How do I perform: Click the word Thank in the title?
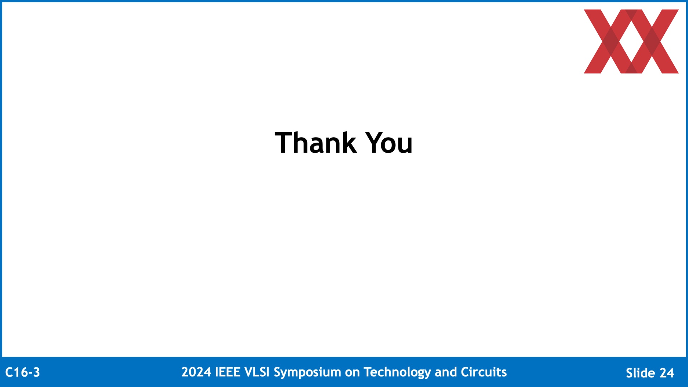pyautogui.click(x=316, y=143)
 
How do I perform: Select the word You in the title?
pyautogui.click(x=389, y=143)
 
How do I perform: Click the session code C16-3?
pyautogui.click(x=23, y=373)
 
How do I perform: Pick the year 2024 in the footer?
pyautogui.click(x=196, y=372)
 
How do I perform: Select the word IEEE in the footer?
pyautogui.click(x=228, y=372)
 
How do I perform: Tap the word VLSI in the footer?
pyautogui.click(x=257, y=372)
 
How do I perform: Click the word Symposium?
pyautogui.click(x=307, y=373)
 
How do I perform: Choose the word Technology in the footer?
pyautogui.click(x=397, y=373)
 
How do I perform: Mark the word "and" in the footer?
pyautogui.click(x=446, y=372)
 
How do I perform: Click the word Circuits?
pyautogui.click(x=484, y=372)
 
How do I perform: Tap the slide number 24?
pyautogui.click(x=667, y=373)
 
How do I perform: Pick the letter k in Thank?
pyautogui.click(x=349, y=142)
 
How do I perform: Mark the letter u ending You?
pyautogui.click(x=405, y=146)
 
